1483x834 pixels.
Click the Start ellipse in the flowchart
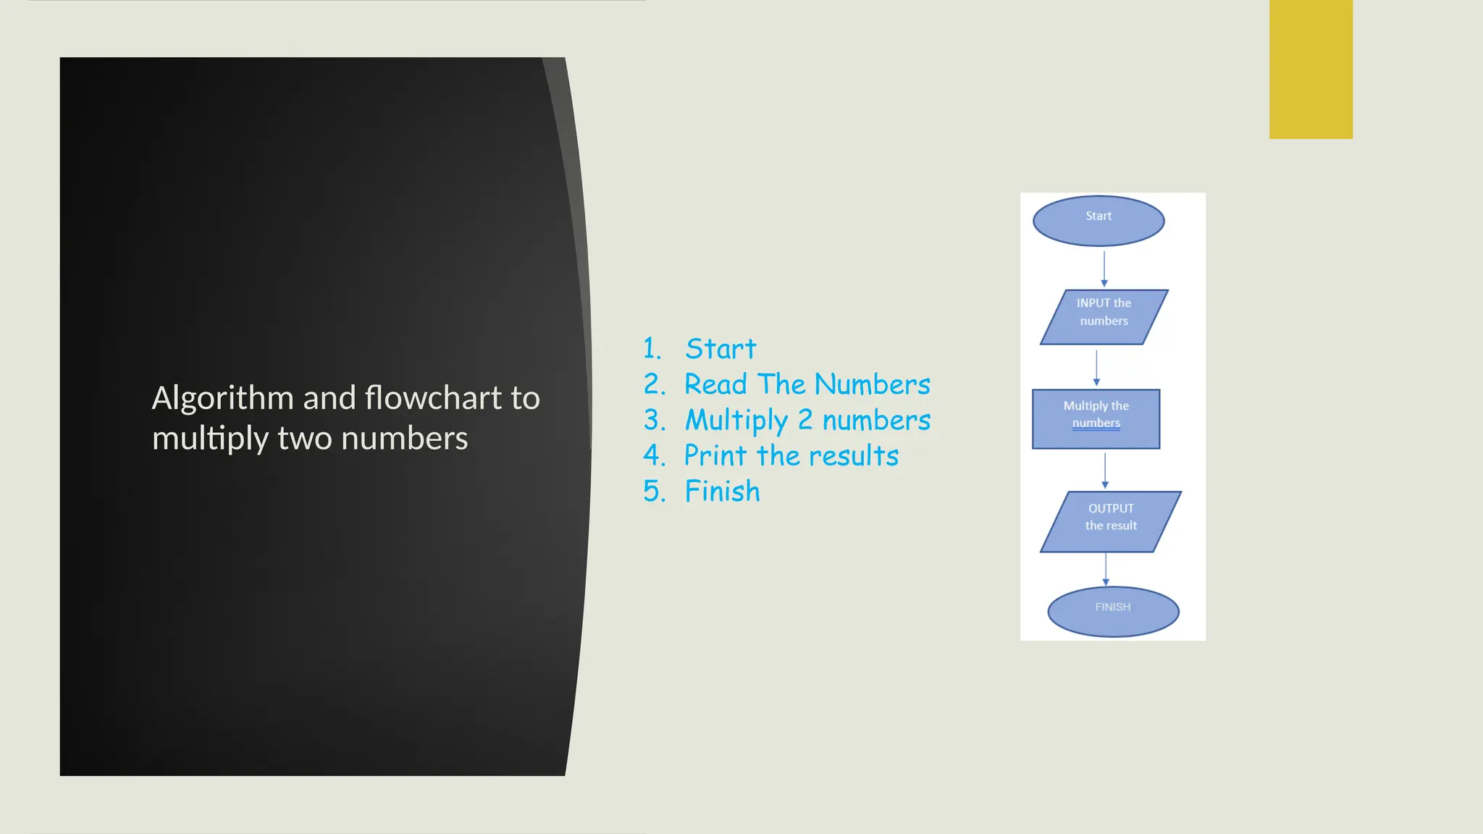[x=1098, y=221]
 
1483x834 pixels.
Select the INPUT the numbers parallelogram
[x=1104, y=317]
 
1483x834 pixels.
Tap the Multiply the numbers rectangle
[x=1096, y=419]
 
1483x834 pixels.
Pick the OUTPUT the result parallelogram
[x=1110, y=522]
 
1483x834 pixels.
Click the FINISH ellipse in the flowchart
[x=1113, y=612]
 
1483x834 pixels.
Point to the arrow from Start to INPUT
[x=1104, y=268]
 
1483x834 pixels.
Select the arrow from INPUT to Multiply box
[x=1096, y=368]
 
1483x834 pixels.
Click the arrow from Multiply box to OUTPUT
[x=1105, y=471]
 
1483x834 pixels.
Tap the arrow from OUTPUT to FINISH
[x=1106, y=569]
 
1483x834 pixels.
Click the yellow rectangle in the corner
[x=1311, y=69]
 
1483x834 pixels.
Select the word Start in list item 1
[x=721, y=349]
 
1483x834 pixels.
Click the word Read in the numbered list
[x=715, y=384]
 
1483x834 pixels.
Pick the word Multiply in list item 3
[x=736, y=421]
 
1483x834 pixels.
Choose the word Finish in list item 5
[x=723, y=492]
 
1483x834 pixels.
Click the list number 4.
[x=653, y=456]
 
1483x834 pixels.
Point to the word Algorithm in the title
[x=222, y=399]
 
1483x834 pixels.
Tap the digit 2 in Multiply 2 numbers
[x=805, y=420]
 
